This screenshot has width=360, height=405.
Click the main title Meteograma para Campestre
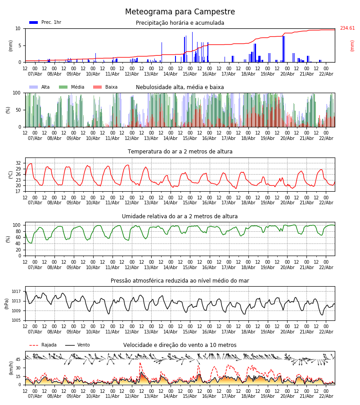click(x=180, y=12)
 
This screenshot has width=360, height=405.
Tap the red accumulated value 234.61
click(x=347, y=28)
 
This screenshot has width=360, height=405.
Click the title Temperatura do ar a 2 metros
click(x=180, y=152)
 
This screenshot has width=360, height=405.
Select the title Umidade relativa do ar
click(x=180, y=216)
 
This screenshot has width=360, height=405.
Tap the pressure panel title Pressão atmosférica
click(x=180, y=281)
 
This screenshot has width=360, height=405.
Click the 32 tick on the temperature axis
click(x=18, y=163)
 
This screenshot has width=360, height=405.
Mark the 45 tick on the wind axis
click(x=18, y=359)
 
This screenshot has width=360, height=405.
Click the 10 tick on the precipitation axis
click(x=18, y=28)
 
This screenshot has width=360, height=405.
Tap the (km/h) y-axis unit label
click(x=11, y=368)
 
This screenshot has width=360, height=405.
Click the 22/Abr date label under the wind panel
click(x=326, y=396)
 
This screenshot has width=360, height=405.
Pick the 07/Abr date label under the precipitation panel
click(x=35, y=74)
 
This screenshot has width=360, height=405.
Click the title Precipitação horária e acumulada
click(x=180, y=23)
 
